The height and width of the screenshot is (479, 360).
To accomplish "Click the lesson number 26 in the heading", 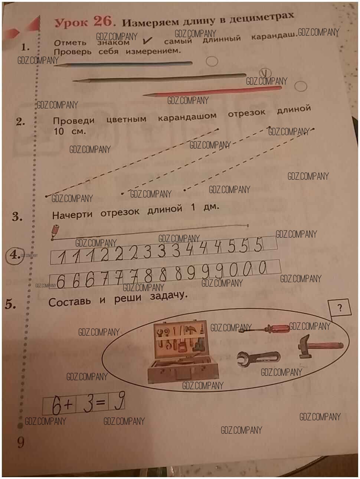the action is [x=103, y=22].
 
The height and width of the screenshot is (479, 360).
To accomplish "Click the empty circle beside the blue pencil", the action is [x=212, y=61].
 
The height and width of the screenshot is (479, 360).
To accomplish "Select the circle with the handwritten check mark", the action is [x=265, y=73].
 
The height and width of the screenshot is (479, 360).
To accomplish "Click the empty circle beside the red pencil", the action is [x=301, y=87].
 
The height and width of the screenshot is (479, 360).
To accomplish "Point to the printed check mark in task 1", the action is [x=147, y=40].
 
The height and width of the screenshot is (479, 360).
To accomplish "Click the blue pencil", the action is [x=123, y=64].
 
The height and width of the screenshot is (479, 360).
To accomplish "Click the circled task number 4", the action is [x=15, y=255].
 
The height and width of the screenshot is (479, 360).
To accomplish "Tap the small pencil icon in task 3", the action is [x=55, y=231].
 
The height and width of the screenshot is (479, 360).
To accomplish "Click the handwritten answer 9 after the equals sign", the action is [x=120, y=401].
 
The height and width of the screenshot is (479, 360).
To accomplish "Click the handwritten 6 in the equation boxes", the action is [x=56, y=405].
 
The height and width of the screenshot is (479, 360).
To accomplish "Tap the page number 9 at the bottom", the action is [x=21, y=442].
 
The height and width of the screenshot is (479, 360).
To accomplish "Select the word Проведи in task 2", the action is [x=74, y=120].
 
